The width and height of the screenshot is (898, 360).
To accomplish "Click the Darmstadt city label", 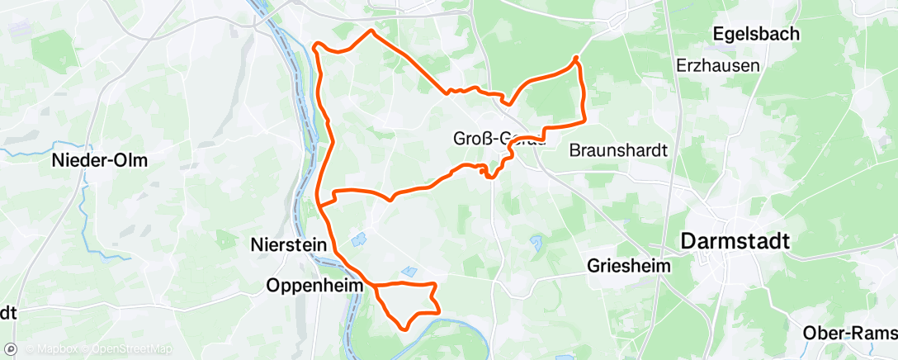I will point(735,241).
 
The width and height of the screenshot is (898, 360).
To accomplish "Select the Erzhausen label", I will point(716,65).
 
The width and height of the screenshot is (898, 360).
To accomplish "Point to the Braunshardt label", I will point(618,150).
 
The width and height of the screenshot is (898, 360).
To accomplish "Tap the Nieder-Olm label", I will point(99,160).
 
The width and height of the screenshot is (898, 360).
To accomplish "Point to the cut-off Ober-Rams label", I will point(849,332).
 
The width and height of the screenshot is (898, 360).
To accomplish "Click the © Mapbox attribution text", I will point(53,349).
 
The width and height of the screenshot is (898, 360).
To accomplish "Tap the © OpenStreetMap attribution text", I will point(132,349).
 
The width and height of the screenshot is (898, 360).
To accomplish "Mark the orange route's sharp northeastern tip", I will point(575,57).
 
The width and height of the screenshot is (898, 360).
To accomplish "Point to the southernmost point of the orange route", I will point(404,329).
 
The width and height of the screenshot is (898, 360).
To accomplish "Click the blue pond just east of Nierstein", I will point(357,241).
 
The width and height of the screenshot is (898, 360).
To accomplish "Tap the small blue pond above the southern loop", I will point(409,271).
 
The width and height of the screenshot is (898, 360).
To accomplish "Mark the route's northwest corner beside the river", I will point(316,45).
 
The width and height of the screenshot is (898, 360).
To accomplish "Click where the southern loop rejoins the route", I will point(374,286).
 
